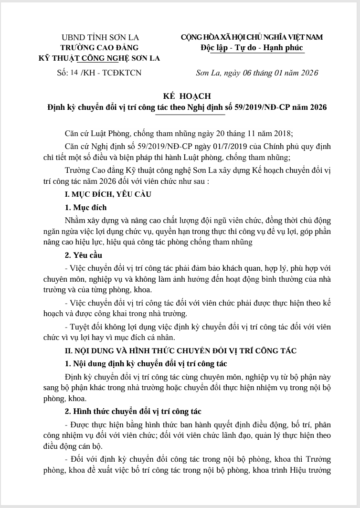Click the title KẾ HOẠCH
181,96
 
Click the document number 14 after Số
74,72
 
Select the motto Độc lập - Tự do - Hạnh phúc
252,48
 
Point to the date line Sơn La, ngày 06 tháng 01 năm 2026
257,73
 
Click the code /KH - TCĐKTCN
111,73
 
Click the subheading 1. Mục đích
85,208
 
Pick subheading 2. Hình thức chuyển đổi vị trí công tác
133,411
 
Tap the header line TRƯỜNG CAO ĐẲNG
99,48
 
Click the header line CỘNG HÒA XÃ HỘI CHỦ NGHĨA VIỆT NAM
252,37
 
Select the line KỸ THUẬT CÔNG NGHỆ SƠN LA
99,58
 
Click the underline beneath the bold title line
191,115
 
